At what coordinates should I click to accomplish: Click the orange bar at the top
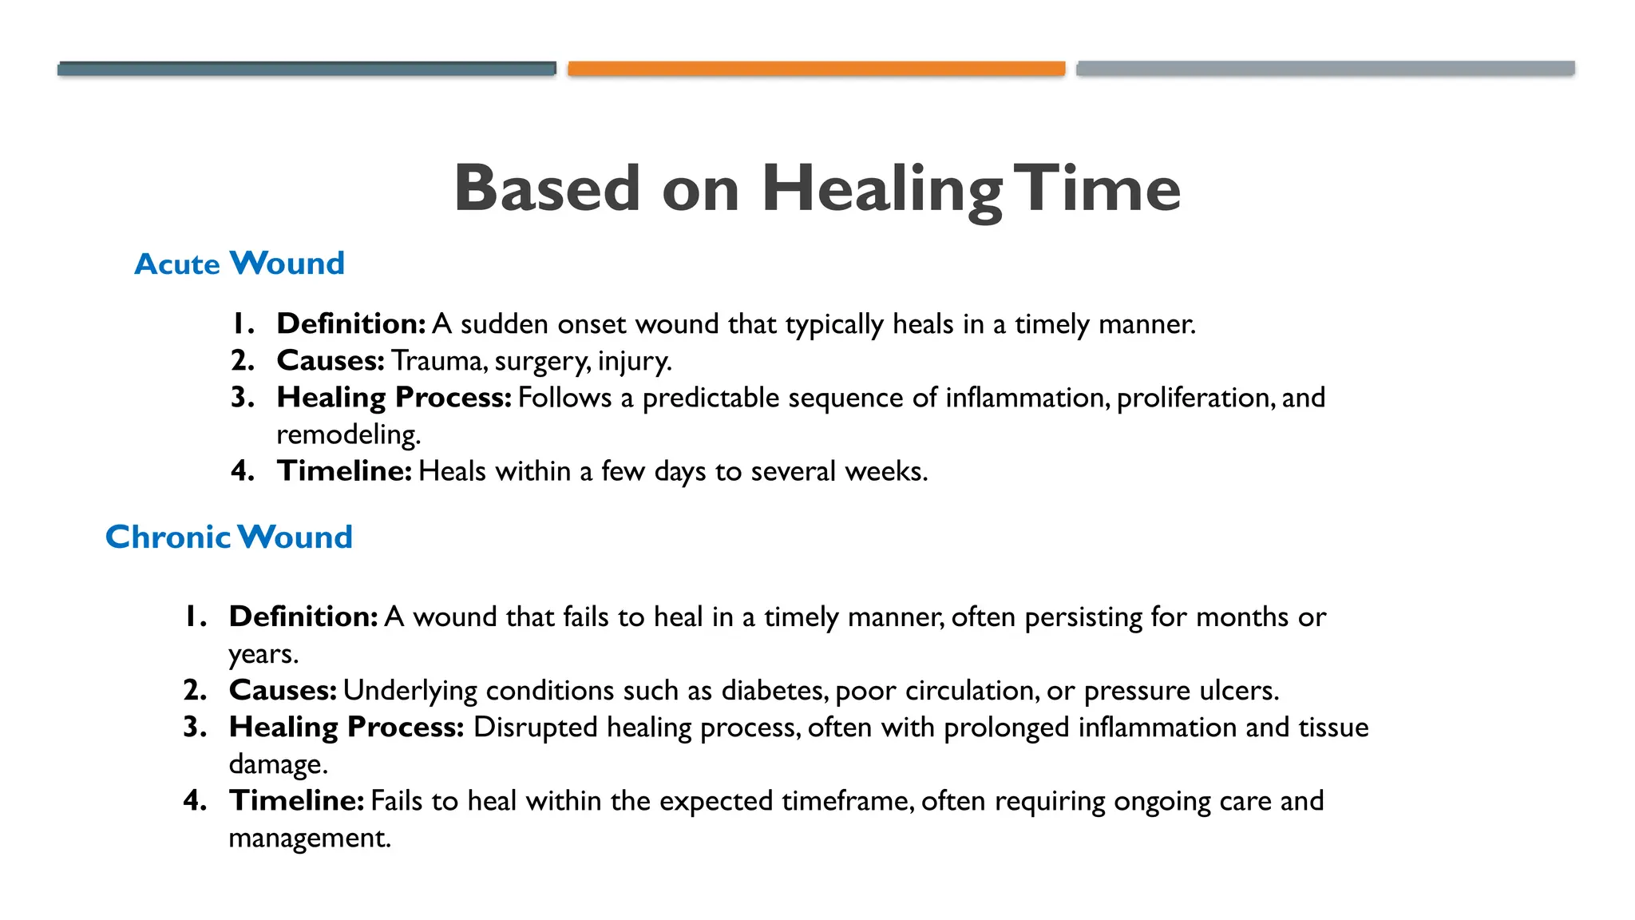816,69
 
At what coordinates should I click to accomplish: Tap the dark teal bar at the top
307,69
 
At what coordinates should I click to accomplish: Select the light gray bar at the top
1325,69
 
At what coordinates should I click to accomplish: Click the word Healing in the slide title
881,190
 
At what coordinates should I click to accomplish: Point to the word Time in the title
1099,190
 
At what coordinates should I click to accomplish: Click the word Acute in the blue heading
176,264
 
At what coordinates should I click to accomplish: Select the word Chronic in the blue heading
168,537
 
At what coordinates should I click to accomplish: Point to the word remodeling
347,434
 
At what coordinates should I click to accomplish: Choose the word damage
277,764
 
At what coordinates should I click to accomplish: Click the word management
309,838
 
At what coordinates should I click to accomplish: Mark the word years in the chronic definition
263,655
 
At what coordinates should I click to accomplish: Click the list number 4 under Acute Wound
242,471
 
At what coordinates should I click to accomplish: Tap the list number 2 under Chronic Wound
195,690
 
